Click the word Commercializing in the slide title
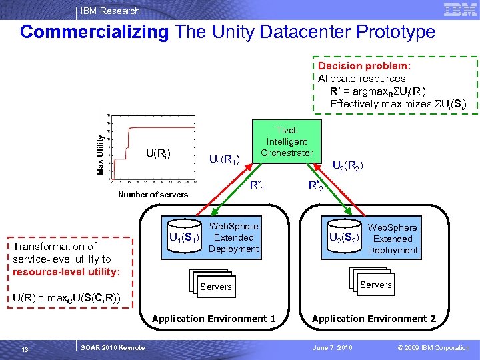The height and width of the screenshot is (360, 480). click(x=95, y=32)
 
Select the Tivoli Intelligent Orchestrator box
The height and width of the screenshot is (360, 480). click(x=286, y=142)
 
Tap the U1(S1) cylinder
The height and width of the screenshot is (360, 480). click(x=183, y=236)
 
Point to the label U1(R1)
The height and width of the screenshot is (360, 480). click(x=225, y=159)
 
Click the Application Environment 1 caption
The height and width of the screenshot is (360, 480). click(x=213, y=319)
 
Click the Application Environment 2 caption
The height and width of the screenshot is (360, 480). click(x=373, y=319)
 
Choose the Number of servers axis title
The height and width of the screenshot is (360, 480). click(x=153, y=195)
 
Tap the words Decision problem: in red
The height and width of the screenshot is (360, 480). click(x=364, y=66)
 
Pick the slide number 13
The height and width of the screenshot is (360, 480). click(x=24, y=348)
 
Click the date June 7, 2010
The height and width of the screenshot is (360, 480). click(x=333, y=348)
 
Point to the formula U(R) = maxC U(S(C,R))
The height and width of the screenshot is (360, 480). click(x=67, y=297)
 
